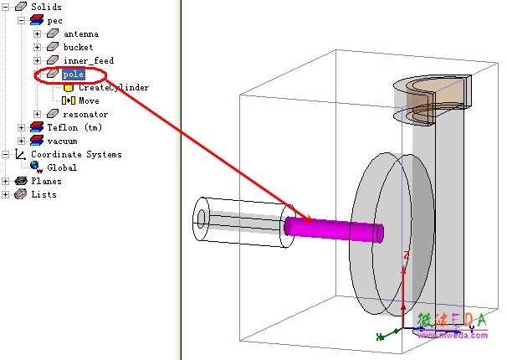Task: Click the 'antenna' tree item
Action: point(80,33)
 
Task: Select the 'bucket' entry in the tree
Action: point(78,47)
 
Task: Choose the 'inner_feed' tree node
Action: point(88,60)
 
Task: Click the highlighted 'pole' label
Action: point(74,75)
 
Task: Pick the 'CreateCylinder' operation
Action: point(113,87)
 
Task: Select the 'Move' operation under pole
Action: point(89,100)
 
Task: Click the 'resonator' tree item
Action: point(85,114)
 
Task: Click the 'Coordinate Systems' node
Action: point(76,154)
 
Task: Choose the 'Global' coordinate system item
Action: point(61,167)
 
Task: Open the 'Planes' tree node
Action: point(46,181)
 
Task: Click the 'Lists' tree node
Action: point(44,194)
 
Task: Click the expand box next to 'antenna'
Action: point(37,33)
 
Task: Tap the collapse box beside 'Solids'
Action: point(6,7)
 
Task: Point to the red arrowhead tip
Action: point(311,222)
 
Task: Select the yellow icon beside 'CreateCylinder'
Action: point(69,87)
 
